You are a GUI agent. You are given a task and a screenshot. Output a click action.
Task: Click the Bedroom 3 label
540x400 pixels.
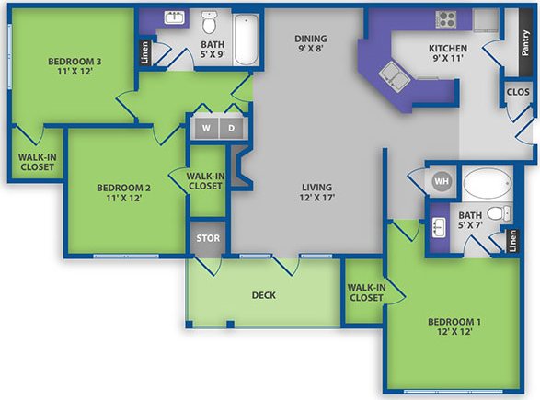pyautogui.click(x=75, y=62)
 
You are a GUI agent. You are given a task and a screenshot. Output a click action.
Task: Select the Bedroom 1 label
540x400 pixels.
pyautogui.click(x=454, y=321)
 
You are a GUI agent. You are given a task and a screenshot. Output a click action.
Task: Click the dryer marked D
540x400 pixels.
pyautogui.click(x=231, y=129)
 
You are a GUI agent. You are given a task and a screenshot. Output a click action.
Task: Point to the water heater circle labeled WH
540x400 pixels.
pyautogui.click(x=440, y=180)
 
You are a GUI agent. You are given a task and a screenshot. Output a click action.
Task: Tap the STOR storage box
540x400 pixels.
pyautogui.click(x=206, y=239)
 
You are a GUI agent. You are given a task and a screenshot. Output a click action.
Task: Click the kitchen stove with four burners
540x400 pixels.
pyautogui.click(x=446, y=18)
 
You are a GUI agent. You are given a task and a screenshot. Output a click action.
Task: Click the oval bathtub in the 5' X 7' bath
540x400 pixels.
pyautogui.click(x=487, y=182)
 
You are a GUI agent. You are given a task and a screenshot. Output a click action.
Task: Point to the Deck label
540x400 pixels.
pyautogui.click(x=265, y=295)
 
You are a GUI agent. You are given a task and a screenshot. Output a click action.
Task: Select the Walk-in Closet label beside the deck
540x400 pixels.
pyautogui.click(x=365, y=291)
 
